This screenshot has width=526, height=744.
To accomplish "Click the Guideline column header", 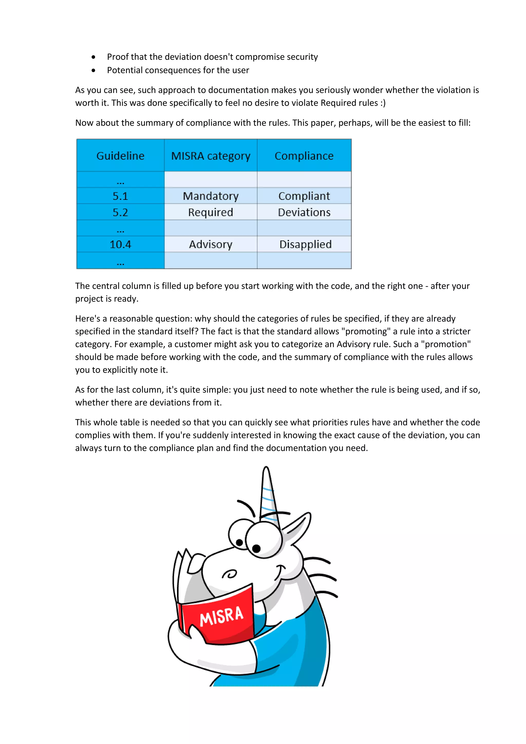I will [120, 156].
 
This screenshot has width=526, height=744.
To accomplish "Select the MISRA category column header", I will [211, 156].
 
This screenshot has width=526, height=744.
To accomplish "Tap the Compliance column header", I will [304, 156].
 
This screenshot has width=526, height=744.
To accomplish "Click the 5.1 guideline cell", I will [120, 196].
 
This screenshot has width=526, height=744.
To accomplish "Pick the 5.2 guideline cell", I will [120, 212].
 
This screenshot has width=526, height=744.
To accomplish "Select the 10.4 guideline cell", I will [120, 244].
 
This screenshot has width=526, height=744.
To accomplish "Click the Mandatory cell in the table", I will [211, 196].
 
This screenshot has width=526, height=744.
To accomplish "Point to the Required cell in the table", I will [211, 212].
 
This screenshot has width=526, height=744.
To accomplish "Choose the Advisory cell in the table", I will [211, 244].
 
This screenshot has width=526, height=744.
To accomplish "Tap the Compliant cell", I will [304, 196].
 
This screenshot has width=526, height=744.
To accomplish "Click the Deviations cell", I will [304, 212].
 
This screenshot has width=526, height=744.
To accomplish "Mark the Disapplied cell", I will [305, 244].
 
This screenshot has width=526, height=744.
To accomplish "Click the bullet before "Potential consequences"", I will [93, 70].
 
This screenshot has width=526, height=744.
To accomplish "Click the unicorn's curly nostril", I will [230, 574].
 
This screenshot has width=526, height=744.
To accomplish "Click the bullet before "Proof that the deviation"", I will [93, 57].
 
